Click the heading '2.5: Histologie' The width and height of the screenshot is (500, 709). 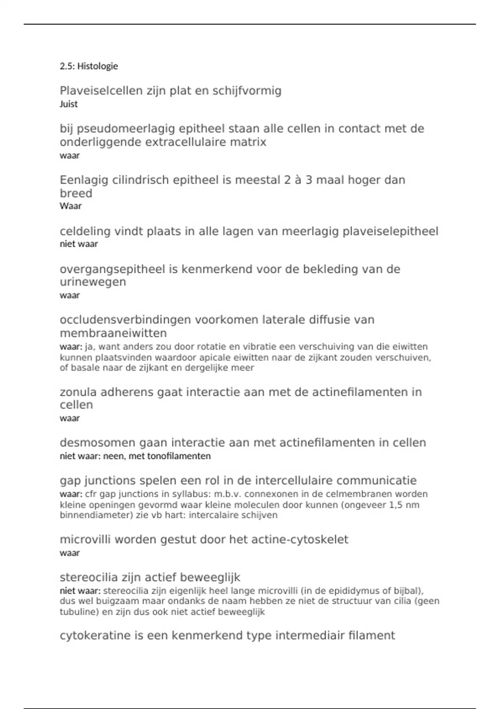89,66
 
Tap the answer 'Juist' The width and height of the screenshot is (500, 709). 68,104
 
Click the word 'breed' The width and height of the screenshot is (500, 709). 76,193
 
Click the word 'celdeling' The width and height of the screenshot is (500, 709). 85,231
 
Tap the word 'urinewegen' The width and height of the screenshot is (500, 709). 92,282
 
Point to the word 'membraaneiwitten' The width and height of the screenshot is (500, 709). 113,333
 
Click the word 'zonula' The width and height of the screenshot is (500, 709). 78,392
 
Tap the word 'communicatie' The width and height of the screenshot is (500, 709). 377,480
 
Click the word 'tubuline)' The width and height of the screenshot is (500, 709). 78,612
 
